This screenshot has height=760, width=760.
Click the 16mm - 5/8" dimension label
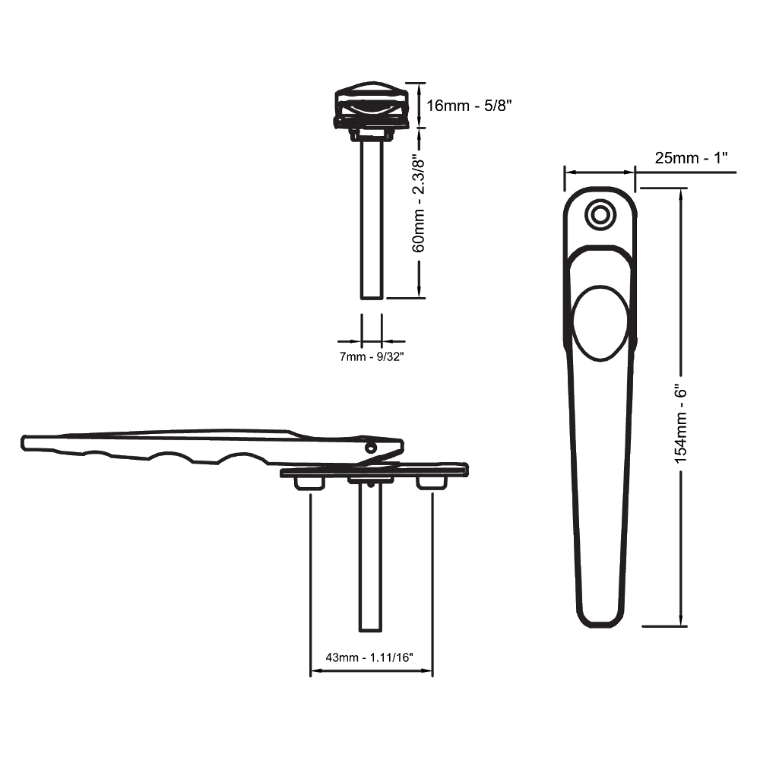pyautogui.click(x=469, y=106)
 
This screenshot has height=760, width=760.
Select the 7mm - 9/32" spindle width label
pyautogui.click(x=371, y=356)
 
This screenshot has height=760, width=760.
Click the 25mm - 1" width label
pyautogui.click(x=692, y=158)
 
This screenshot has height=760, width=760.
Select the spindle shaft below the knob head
pyautogui.click(x=372, y=220)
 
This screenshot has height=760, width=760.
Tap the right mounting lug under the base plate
pyautogui.click(x=429, y=483)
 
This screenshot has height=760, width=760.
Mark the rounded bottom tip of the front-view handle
pyautogui.click(x=600, y=616)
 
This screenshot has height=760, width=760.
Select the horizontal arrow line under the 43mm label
pyautogui.click(x=372, y=672)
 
